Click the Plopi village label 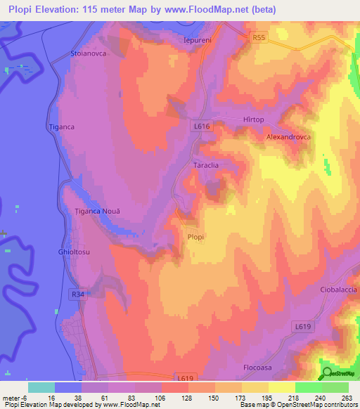click(x=195, y=238)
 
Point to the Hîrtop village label click(x=253, y=120)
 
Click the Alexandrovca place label click(x=288, y=138)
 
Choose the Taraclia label click(x=207, y=165)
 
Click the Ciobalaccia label click(x=338, y=290)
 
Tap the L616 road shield click(x=201, y=125)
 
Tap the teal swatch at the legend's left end click(x=41, y=387)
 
